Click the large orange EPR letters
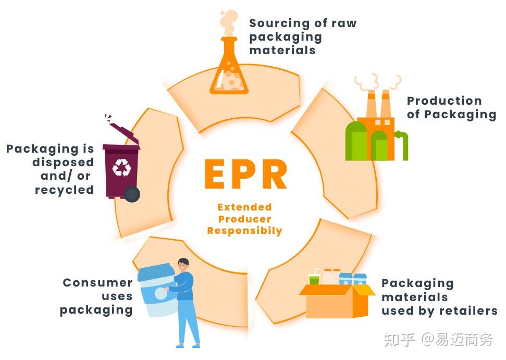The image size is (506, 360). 245,175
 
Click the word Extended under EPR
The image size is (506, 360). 244,207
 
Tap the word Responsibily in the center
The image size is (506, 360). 244,231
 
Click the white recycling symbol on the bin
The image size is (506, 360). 122,167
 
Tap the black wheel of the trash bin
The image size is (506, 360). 132,195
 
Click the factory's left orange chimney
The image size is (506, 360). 371,104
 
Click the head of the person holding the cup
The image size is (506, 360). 183,265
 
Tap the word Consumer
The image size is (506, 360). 97,283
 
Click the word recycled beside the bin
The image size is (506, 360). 64,190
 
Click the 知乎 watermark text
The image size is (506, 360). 399,340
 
